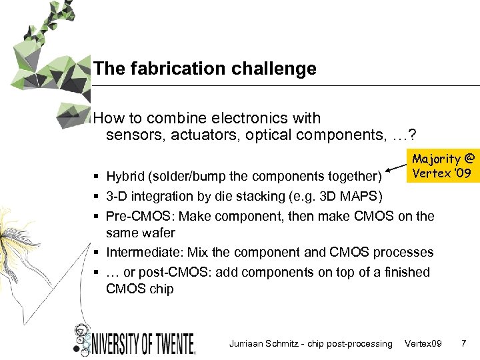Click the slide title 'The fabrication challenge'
[x=205, y=69]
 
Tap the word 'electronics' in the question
[x=243, y=119]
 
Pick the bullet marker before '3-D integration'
[x=97, y=196]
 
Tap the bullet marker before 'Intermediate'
[x=97, y=253]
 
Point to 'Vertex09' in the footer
[x=423, y=344]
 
